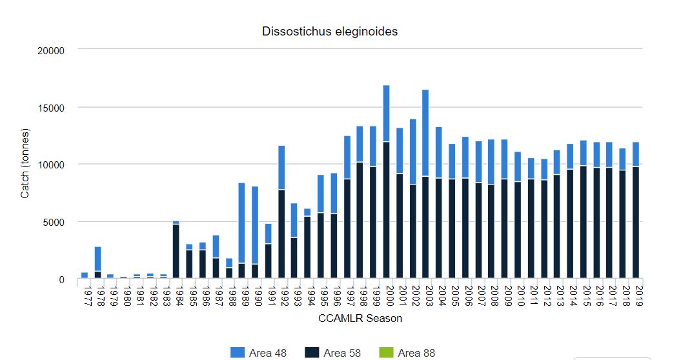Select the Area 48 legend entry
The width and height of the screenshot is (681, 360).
tap(259, 353)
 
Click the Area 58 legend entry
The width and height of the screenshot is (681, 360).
tap(333, 353)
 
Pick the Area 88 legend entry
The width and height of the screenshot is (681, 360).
tap(408, 353)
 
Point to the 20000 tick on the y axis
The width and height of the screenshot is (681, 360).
tap(51, 50)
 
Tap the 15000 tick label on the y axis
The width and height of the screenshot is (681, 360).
tap(51, 107)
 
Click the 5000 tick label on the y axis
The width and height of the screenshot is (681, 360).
tap(54, 222)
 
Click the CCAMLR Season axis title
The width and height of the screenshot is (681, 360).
tap(360, 318)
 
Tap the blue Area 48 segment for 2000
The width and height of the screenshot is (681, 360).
tap(386, 113)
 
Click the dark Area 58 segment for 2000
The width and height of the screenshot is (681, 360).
tap(386, 210)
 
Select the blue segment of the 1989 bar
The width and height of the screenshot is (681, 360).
tap(241, 223)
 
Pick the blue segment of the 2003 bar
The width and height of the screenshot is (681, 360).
tap(425, 132)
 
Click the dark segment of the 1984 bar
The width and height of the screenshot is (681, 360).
tap(176, 252)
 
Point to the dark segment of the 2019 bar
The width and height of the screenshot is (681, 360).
tap(636, 223)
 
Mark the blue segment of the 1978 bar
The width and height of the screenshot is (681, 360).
tap(97, 258)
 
